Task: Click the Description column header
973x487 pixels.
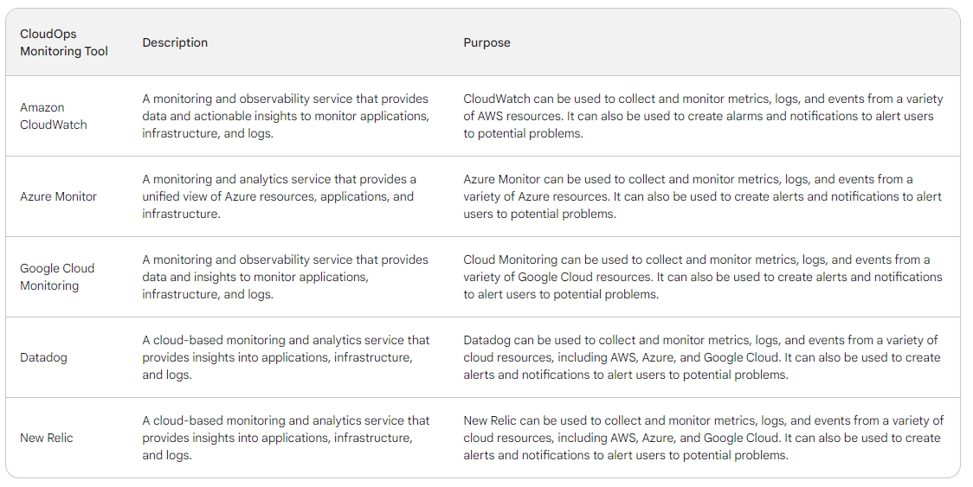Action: point(175,42)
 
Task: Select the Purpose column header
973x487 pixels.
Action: point(486,42)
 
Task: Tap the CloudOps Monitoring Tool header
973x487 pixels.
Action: point(64,42)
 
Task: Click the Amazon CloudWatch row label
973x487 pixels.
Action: point(54,116)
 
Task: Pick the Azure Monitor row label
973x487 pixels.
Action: point(58,196)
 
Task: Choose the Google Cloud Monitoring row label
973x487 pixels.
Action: point(57,277)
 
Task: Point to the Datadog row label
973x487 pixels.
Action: point(43,357)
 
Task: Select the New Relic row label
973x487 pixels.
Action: point(47,438)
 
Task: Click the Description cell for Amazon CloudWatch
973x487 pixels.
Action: point(286,116)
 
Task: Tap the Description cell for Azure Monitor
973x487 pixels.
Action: point(280,196)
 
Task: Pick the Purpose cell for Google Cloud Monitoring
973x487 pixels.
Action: point(702,277)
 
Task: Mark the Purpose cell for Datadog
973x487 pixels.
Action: point(702,357)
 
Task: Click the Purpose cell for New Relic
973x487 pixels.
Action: point(703,438)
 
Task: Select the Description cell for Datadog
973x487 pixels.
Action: point(286,357)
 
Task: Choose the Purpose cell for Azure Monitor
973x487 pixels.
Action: point(702,196)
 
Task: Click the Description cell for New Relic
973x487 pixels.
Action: point(286,438)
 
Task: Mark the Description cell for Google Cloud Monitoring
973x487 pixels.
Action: point(285,277)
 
